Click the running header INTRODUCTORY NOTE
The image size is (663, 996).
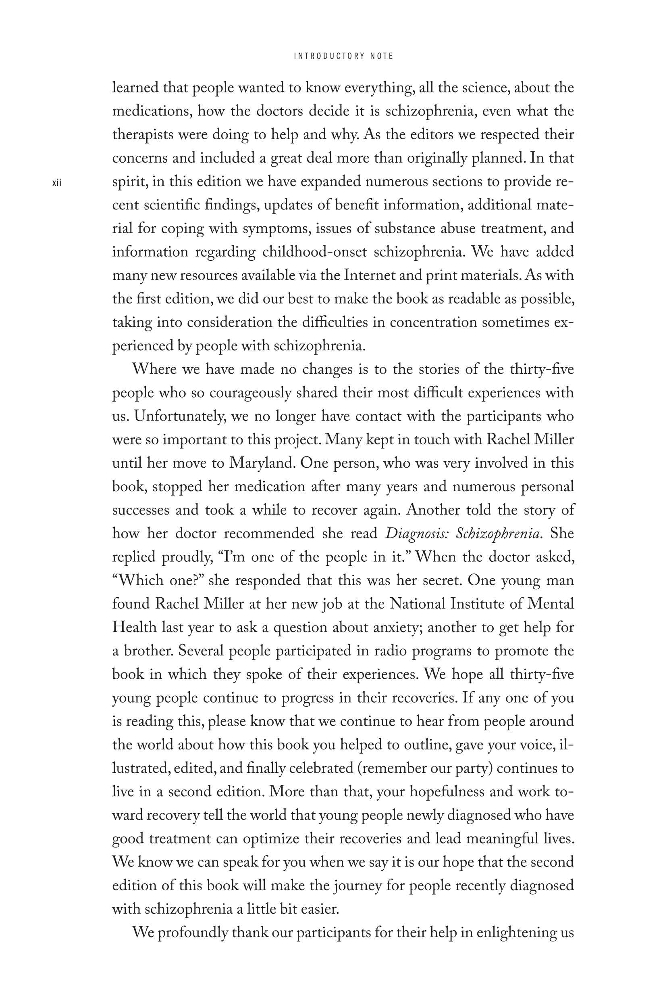343,56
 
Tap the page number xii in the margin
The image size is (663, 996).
57,183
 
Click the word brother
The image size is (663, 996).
148,651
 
